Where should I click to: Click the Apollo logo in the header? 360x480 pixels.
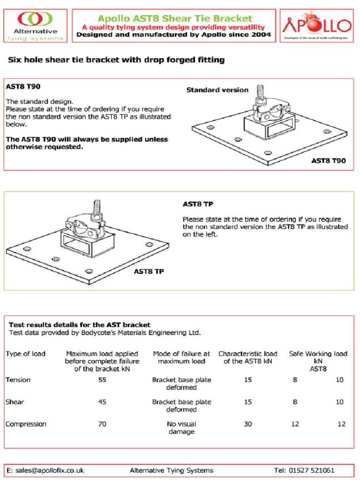tap(316, 25)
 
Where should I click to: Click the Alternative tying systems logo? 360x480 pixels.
tap(35, 25)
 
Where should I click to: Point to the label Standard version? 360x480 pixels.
tap(217, 90)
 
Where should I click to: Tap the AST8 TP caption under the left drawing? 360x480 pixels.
tap(149, 271)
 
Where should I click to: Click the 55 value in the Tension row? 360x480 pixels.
tap(102, 380)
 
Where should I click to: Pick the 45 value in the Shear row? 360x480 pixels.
tap(102, 402)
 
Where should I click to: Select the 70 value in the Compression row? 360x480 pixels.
tap(102, 424)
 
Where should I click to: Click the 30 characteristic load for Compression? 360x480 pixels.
tap(247, 424)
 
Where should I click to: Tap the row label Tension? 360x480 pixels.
tap(18, 380)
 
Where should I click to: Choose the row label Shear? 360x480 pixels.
tap(15, 402)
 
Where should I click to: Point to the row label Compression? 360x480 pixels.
tap(26, 424)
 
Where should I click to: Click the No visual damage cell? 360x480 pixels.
tap(181, 427)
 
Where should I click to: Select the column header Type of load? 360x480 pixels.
tap(25, 354)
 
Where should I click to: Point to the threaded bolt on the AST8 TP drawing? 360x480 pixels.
tap(97, 207)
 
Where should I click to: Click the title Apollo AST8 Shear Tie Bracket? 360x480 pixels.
tap(174, 19)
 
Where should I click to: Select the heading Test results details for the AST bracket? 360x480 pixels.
tap(80, 324)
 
